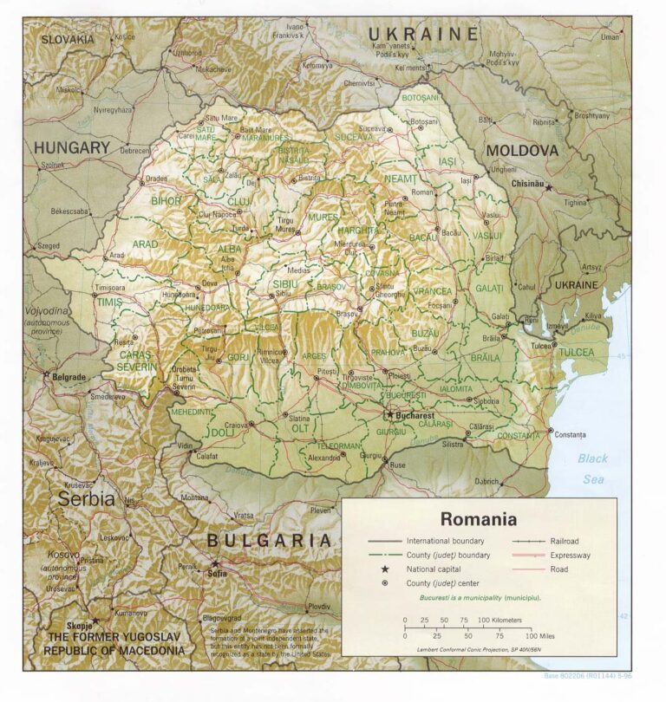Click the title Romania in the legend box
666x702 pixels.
pos(478,519)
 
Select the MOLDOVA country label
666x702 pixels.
pos(521,151)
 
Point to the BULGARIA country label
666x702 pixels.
pos(268,541)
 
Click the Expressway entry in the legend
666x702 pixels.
pos(570,555)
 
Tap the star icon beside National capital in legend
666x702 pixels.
pos(384,569)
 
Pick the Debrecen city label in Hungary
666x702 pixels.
pos(134,150)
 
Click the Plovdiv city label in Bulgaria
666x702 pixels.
pos(318,607)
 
